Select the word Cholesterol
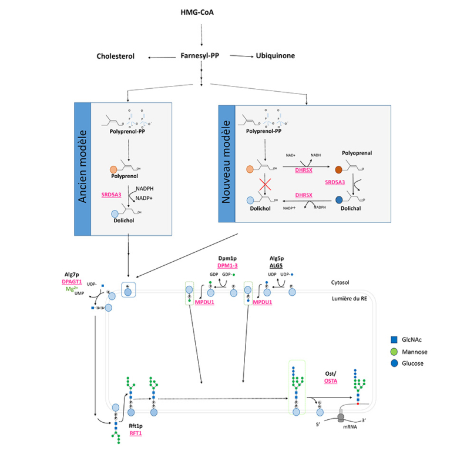tap(116, 56)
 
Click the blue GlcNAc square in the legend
tap(394, 340)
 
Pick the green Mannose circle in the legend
tap(394, 352)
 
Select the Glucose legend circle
tap(394, 363)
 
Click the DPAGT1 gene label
tap(74, 282)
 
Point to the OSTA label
tap(331, 381)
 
